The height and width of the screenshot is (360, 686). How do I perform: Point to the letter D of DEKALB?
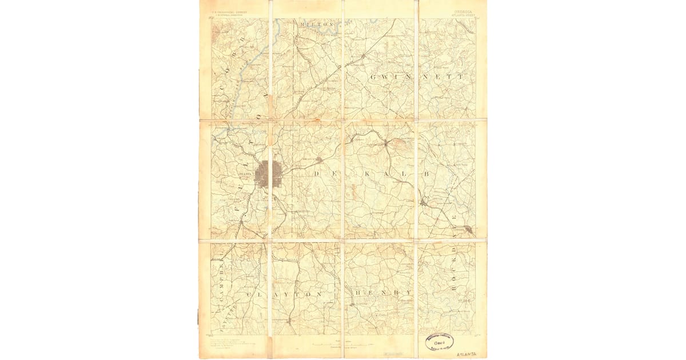(x=317, y=173)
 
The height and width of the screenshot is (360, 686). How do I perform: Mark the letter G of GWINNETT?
(x=374, y=77)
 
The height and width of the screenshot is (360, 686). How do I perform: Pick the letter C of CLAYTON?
(x=250, y=294)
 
